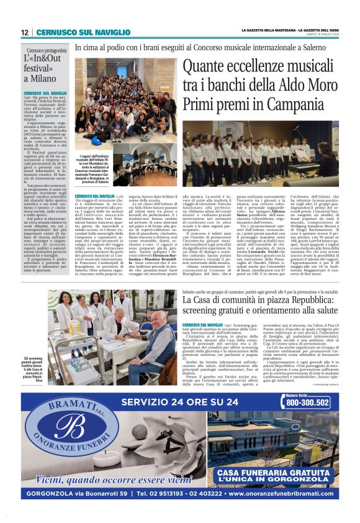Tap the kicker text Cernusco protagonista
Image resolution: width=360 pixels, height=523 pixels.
click(x=47, y=50)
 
